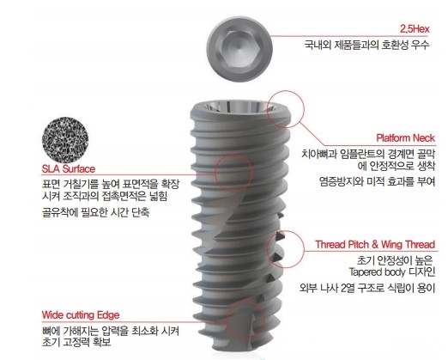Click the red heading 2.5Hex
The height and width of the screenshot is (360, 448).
[415, 29]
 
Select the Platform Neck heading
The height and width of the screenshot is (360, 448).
[405, 138]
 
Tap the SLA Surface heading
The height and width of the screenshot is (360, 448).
[69, 168]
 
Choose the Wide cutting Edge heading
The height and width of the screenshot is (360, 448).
[81, 315]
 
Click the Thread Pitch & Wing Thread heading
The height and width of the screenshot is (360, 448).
[375, 245]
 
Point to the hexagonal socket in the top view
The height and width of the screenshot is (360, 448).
[239, 48]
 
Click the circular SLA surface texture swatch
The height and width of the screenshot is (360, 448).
[65, 140]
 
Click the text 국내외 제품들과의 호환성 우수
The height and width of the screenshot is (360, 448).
[366, 45]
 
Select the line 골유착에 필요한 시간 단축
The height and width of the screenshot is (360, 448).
[95, 212]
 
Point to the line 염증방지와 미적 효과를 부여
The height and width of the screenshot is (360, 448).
[377, 181]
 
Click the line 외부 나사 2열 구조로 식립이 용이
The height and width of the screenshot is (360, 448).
[367, 288]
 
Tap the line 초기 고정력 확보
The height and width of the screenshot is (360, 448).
[76, 342]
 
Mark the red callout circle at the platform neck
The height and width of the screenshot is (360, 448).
[286, 91]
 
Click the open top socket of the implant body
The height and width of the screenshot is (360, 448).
[239, 106]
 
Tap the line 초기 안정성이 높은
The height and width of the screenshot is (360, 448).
[395, 260]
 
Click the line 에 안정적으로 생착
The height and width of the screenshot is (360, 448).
[397, 166]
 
